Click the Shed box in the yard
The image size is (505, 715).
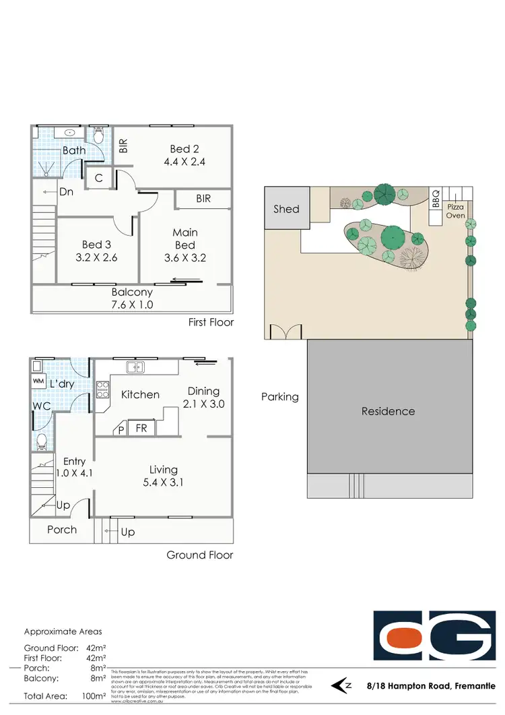[x=286, y=208]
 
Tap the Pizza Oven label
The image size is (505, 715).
[x=456, y=211]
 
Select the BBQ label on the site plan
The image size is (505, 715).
[x=436, y=200]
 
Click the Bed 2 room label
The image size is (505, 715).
[x=180, y=149]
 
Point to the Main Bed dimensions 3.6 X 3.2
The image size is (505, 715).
[x=184, y=257]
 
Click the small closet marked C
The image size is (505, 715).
[x=98, y=178]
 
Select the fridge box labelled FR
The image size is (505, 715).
[x=142, y=427]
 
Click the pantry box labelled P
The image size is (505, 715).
[x=121, y=429]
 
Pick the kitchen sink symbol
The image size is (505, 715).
[x=135, y=367]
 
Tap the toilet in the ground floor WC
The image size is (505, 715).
[x=42, y=441]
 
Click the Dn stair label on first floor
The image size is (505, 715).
[x=66, y=191]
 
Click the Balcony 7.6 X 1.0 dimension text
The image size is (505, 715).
[x=131, y=304]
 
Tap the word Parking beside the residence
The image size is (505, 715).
[x=280, y=397]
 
